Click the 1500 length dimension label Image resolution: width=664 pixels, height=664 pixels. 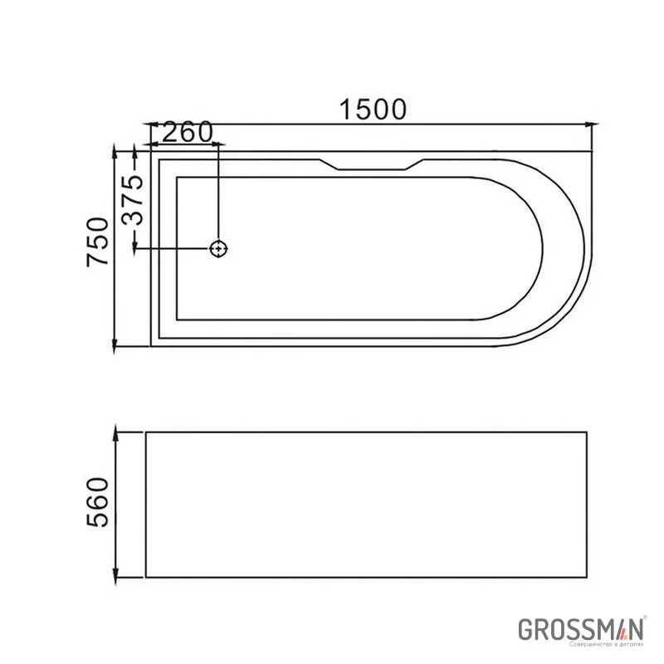(x=373, y=109)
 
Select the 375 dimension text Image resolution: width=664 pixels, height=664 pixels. (x=134, y=200)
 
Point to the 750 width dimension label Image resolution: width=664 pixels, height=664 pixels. (x=98, y=242)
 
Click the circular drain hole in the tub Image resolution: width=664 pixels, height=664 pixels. (x=219, y=248)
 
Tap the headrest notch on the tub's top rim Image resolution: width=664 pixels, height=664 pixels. (x=370, y=165)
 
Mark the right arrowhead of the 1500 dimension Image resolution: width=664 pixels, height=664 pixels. (x=590, y=125)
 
